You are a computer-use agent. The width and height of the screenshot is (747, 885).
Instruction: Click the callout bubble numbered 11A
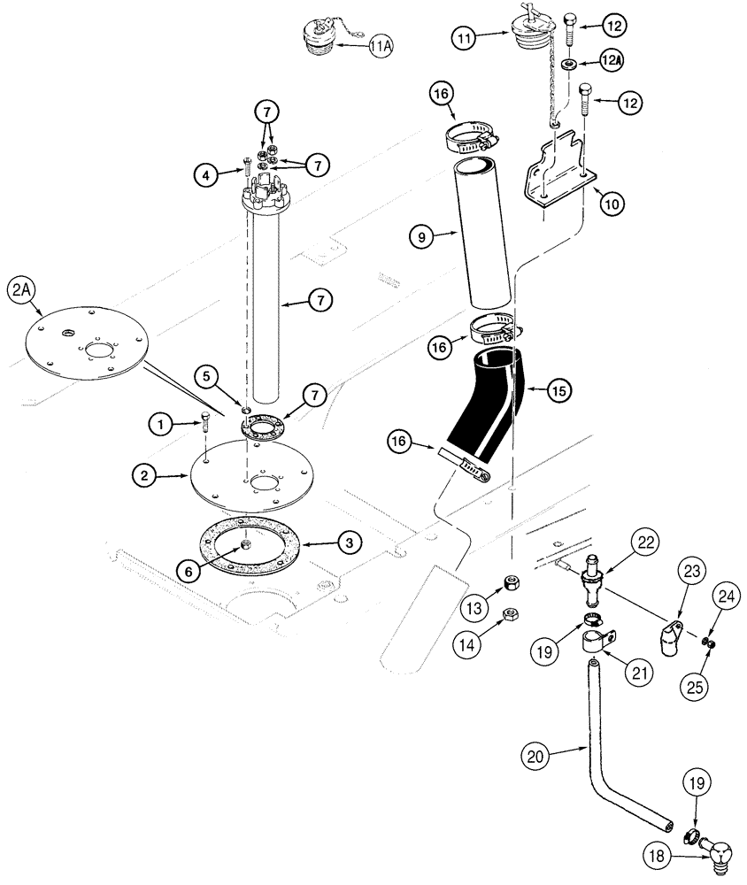click(380, 45)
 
